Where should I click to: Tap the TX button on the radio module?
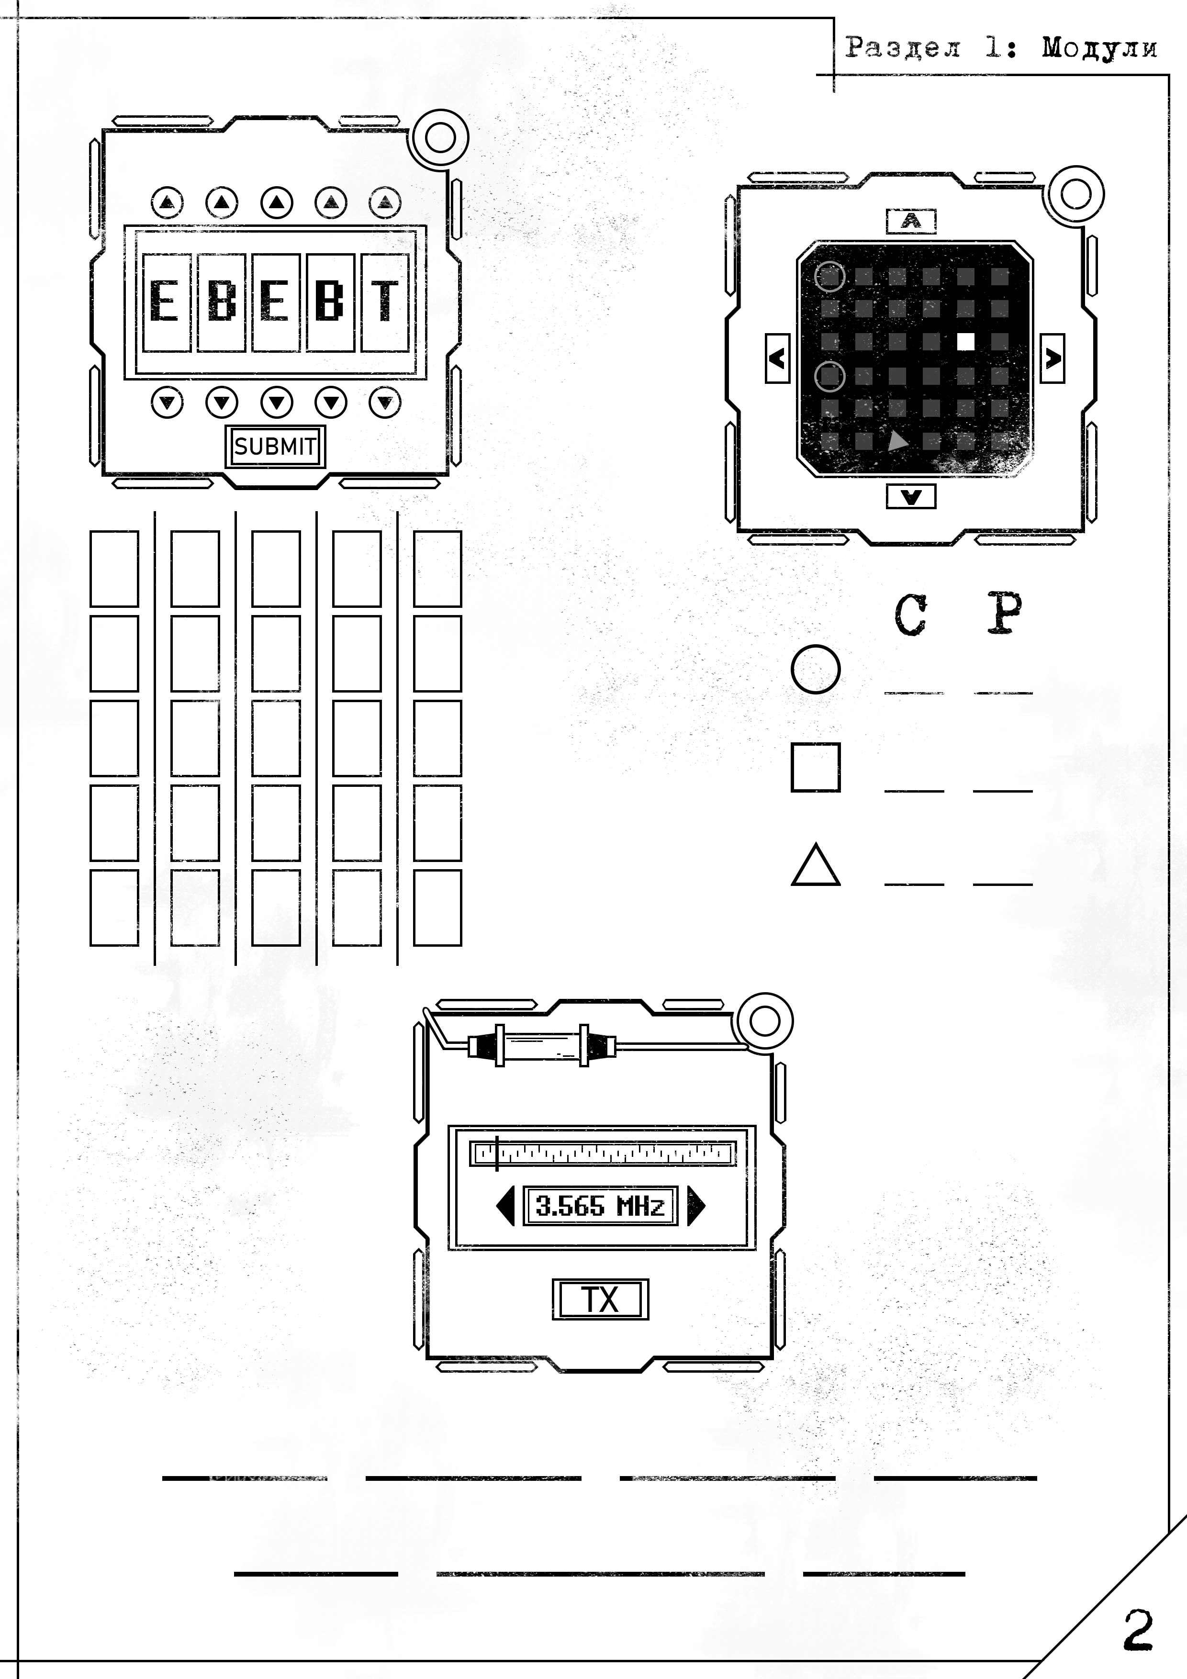pyautogui.click(x=600, y=1299)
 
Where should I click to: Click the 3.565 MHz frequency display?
pyautogui.click(x=600, y=1206)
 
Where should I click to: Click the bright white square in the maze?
pyautogui.click(x=965, y=341)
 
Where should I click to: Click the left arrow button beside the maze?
pyautogui.click(x=777, y=358)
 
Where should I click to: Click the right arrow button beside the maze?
pyautogui.click(x=1053, y=358)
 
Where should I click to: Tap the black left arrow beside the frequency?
pyautogui.click(x=506, y=1206)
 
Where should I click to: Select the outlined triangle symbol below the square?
pyautogui.click(x=816, y=865)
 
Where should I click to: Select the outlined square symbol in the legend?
pyautogui.click(x=816, y=768)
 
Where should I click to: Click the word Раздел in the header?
pyautogui.click(x=903, y=47)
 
